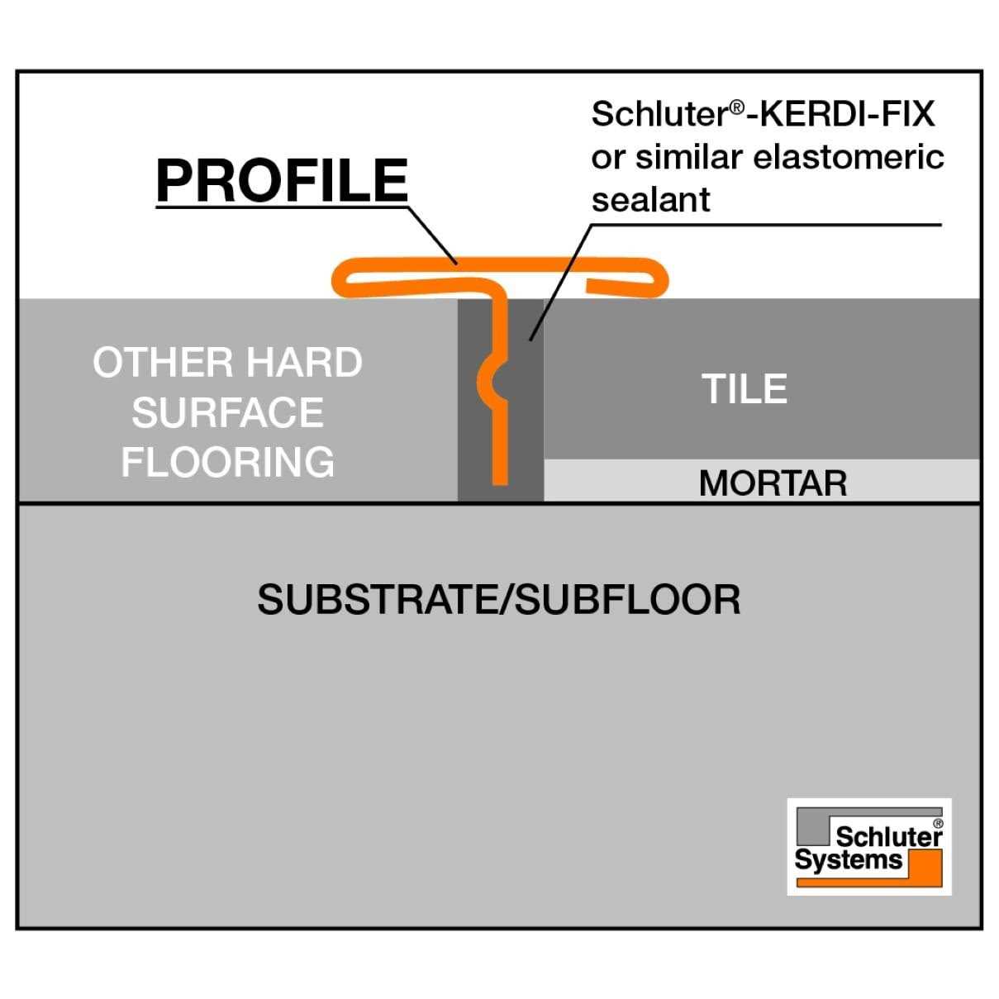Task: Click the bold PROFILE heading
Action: (282, 180)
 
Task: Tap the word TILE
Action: (744, 389)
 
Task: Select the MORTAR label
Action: (773, 483)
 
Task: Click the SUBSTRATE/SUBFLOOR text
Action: (498, 600)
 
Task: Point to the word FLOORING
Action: (228, 462)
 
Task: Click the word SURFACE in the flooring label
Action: (228, 413)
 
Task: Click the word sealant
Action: (651, 200)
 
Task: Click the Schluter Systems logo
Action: (868, 846)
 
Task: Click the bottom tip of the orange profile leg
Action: (499, 478)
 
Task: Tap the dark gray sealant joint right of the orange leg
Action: (525, 397)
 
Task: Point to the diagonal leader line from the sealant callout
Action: (562, 281)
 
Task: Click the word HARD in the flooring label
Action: (304, 363)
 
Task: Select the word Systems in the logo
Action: (849, 861)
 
